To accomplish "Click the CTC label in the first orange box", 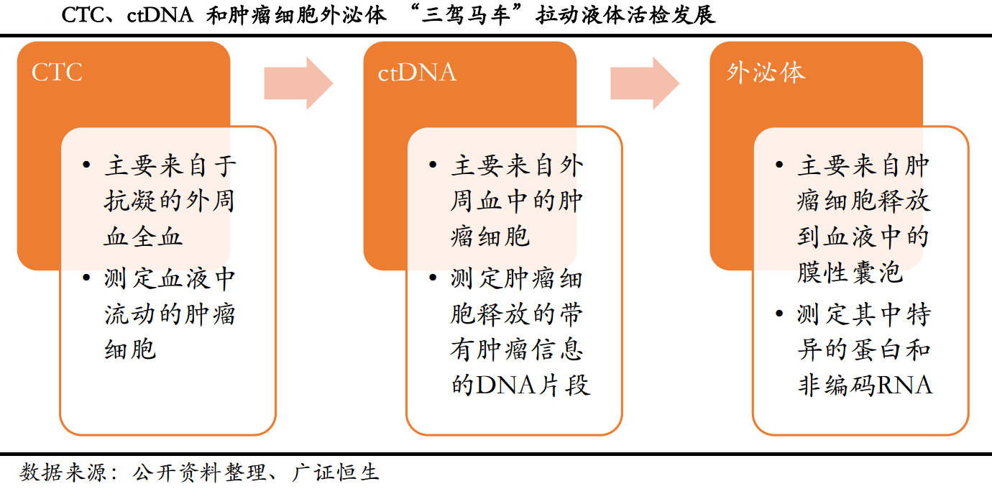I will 58,73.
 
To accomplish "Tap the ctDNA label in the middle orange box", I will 417,73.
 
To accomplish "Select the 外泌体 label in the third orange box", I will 766,73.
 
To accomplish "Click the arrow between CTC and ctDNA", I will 298,83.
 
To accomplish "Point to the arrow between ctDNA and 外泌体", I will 645,83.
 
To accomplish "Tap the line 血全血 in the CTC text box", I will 144,237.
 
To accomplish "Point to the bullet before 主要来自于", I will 87,166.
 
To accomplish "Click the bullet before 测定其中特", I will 780,314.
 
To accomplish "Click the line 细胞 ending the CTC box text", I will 130,350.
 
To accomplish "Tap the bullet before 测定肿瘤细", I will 433,278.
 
